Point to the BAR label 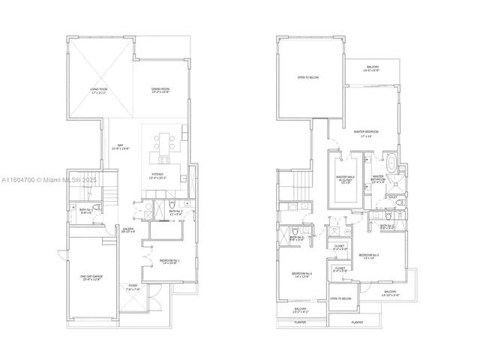[119, 148]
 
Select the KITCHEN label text [159, 177]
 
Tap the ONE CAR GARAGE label [91, 278]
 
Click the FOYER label [132, 286]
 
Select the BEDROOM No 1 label [169, 262]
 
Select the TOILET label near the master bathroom [394, 197]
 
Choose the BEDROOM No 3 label [368, 256]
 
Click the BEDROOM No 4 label [302, 275]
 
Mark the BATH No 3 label [297, 239]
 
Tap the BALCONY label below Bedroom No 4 [300, 310]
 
